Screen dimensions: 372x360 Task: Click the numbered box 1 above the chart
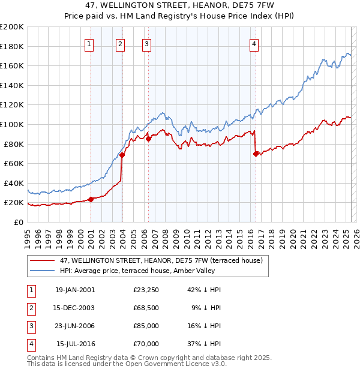pos(89,43)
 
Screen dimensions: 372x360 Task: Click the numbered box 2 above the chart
pos(121,43)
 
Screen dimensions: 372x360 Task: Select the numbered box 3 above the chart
pos(146,43)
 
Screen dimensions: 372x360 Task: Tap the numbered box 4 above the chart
pos(254,43)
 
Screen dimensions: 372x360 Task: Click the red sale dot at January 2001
pos(91,200)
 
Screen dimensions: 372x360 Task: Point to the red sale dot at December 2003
pos(122,155)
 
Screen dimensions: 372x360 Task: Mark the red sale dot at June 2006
pos(148,139)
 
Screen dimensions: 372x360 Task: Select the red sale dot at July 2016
pos(256,154)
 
